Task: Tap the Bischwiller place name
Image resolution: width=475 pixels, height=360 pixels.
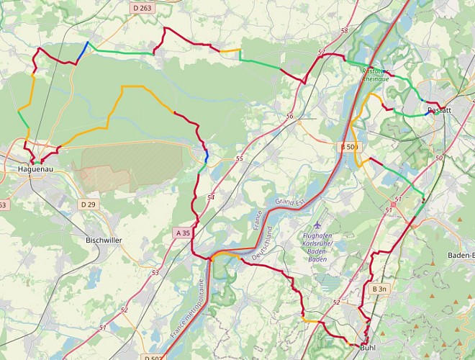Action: pyautogui.click(x=105, y=240)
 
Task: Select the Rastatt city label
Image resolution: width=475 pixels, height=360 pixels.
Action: pyautogui.click(x=439, y=110)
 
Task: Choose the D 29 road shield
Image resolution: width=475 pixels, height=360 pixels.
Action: pyautogui.click(x=88, y=205)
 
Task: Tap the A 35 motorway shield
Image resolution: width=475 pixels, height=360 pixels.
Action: pyautogui.click(x=184, y=233)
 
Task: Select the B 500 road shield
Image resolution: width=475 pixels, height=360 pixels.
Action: pyautogui.click(x=348, y=147)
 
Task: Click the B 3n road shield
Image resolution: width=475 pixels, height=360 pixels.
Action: pyautogui.click(x=379, y=289)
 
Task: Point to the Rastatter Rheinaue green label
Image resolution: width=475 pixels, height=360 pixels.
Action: pyautogui.click(x=374, y=75)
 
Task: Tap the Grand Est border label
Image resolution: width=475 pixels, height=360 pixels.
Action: pyautogui.click(x=290, y=202)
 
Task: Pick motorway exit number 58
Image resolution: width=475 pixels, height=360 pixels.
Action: pyautogui.click(x=344, y=31)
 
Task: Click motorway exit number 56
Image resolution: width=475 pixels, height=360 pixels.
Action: pyautogui.click(x=289, y=116)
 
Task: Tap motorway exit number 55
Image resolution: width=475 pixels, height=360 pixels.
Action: pyautogui.click(x=239, y=158)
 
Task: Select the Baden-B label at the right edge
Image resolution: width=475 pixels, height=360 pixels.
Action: pyautogui.click(x=461, y=256)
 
